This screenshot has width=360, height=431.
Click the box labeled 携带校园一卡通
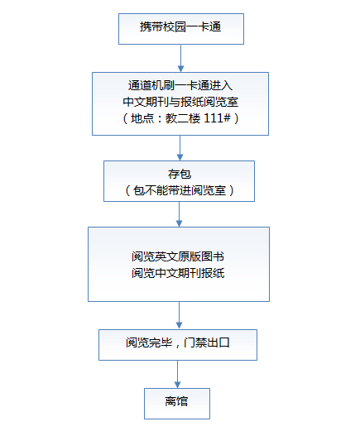[181, 29]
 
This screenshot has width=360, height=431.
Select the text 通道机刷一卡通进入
[180, 85]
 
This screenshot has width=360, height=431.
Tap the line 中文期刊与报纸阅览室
[180, 102]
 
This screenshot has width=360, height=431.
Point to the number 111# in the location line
[217, 118]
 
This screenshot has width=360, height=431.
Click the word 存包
[180, 174]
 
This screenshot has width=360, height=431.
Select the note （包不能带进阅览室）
[180, 190]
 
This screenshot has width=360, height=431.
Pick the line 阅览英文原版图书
[178, 256]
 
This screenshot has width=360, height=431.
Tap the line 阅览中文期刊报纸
[178, 273]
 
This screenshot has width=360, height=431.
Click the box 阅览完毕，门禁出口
[178, 345]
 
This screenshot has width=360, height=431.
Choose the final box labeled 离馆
[177, 404]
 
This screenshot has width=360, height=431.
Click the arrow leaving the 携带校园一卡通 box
[180, 58]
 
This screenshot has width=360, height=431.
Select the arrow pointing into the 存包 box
[180, 148]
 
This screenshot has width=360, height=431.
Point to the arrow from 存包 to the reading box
[179, 214]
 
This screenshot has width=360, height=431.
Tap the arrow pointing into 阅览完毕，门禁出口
[179, 315]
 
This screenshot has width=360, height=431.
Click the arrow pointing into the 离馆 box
[177, 375]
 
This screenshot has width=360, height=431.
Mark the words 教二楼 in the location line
[183, 118]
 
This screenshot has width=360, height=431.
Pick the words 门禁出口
[207, 342]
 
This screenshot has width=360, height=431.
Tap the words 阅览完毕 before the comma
[149, 342]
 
